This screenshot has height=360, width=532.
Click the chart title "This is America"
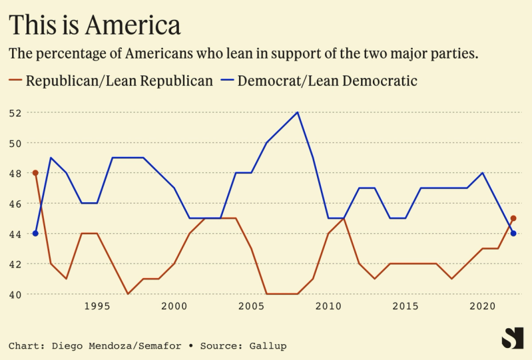tap(95, 25)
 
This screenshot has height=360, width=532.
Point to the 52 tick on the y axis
tap(15, 112)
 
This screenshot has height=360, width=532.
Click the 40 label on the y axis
tap(15, 294)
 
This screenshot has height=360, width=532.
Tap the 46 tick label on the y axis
tap(15, 204)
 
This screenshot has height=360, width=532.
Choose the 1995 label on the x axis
tap(97, 307)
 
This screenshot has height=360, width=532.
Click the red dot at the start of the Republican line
tap(35, 173)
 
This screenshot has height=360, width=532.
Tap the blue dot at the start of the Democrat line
tap(35, 234)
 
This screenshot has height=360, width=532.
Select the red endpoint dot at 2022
tap(513, 218)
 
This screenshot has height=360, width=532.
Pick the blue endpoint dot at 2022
tap(513, 234)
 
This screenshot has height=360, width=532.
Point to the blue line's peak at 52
tap(297, 112)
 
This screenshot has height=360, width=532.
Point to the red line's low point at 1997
tap(128, 294)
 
